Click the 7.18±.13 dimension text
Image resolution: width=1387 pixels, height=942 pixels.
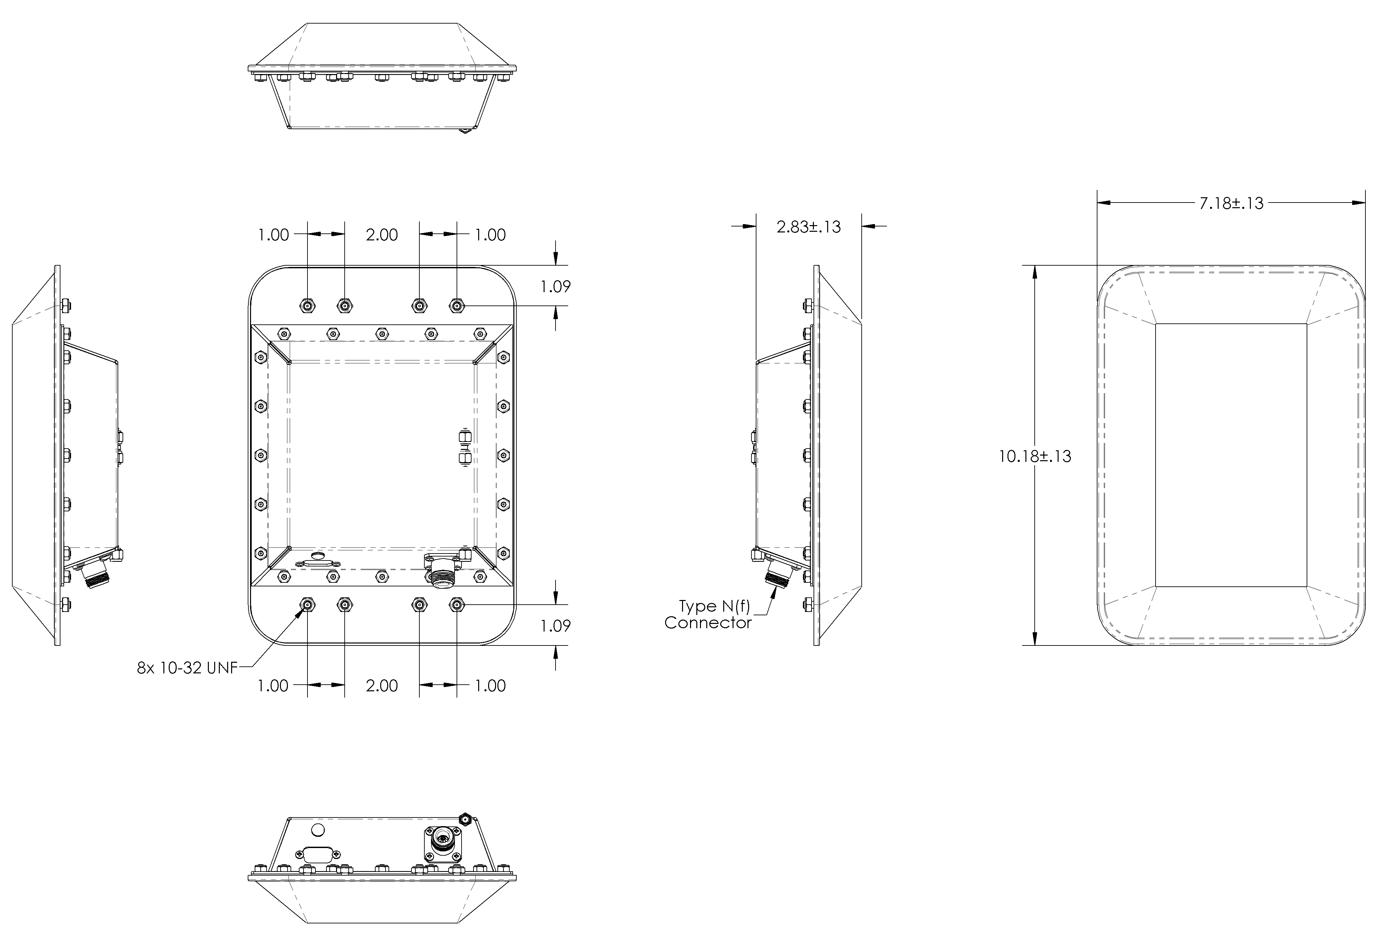(x=1231, y=204)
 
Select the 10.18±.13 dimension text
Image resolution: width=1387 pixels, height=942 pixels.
(x=1035, y=457)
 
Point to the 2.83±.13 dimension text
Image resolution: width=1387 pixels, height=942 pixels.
(x=808, y=227)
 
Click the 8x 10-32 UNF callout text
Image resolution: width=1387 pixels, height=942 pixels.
(x=187, y=668)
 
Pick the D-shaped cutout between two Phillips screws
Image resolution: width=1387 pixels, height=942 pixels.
(x=316, y=854)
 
